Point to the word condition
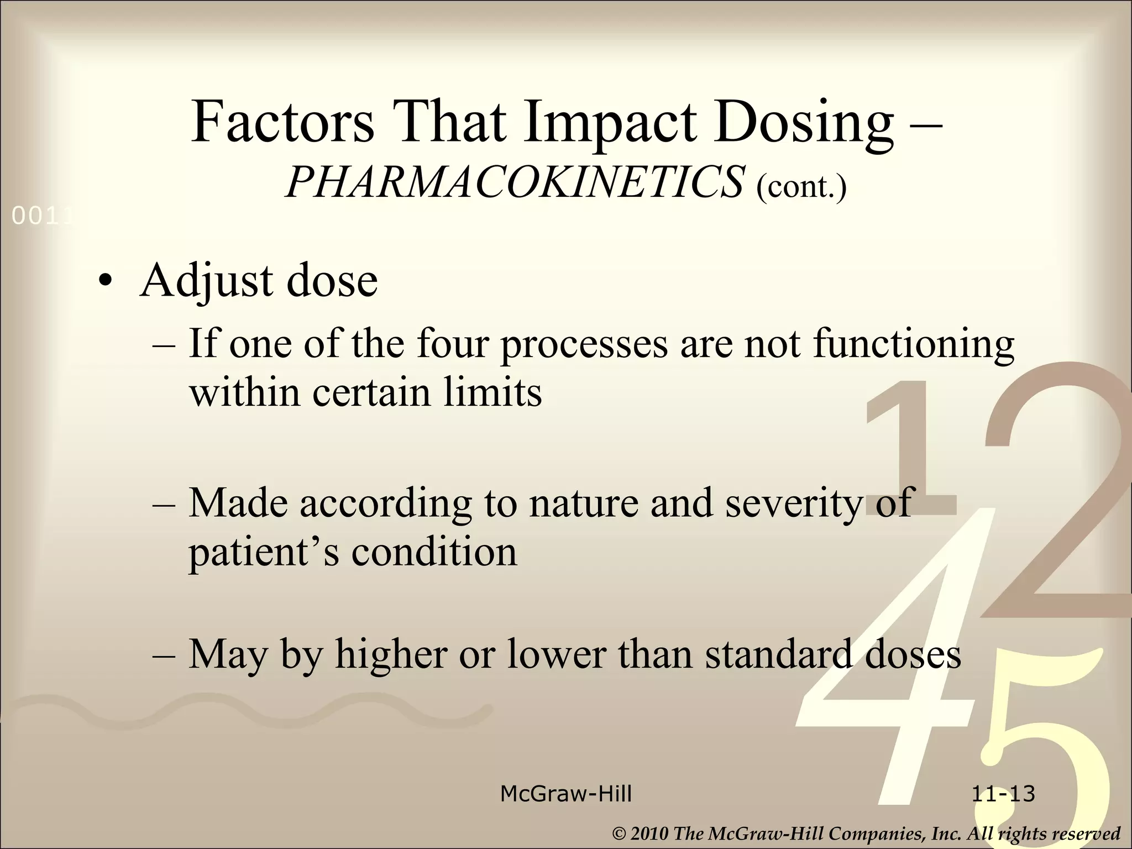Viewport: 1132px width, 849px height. tap(434, 551)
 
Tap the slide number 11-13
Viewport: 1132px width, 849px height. tap(1003, 794)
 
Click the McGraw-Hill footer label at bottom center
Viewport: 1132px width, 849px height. tap(565, 794)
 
